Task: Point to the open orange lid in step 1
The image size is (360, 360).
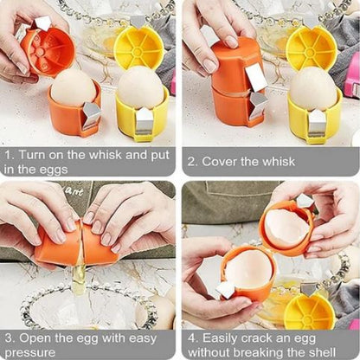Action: click(48, 50)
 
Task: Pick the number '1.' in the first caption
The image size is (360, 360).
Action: click(10, 154)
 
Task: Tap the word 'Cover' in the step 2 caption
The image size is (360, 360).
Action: click(228, 161)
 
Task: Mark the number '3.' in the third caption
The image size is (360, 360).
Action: click(10, 336)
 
